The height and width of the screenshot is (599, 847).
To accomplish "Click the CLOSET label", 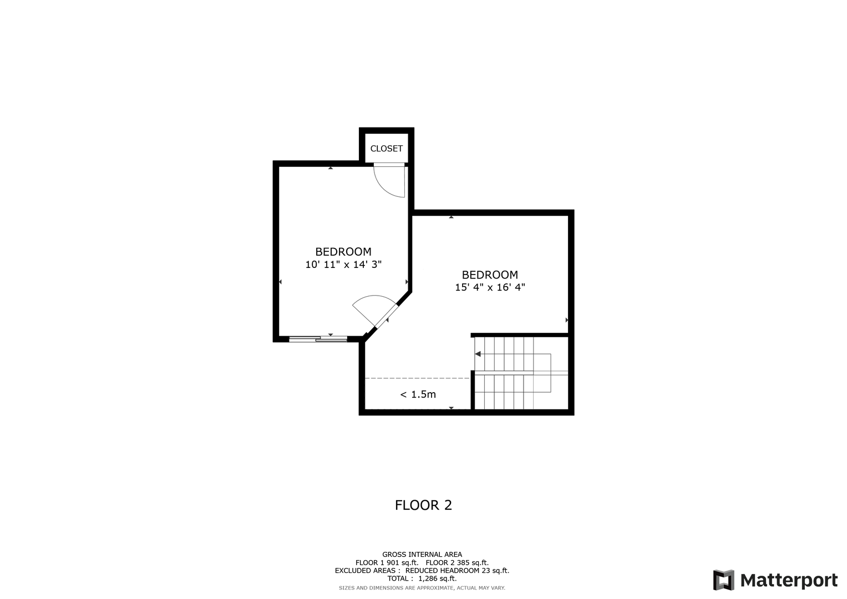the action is [x=386, y=149].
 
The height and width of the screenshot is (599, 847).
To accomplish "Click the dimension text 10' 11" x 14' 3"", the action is [x=343, y=265].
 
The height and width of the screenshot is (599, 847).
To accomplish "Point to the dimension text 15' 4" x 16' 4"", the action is [x=490, y=287].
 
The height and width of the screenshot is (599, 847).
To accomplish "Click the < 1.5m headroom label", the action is [x=418, y=394].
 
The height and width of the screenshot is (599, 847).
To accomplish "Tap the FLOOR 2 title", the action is [x=423, y=505].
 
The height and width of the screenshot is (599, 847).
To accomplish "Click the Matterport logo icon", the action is [x=723, y=580].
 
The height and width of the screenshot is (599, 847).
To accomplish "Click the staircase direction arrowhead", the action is [x=478, y=354].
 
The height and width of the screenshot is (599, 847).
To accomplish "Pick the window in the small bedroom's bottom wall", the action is [x=318, y=339].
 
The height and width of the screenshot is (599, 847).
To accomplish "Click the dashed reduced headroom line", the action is [x=417, y=378].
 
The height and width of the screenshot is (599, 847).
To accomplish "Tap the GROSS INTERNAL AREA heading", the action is [x=422, y=555].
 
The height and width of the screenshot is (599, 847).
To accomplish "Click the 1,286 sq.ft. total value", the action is [x=438, y=578].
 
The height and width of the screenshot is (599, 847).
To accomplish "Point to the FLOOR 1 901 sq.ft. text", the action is [x=387, y=563].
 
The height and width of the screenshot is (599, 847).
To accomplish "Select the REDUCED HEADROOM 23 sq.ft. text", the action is [x=457, y=570].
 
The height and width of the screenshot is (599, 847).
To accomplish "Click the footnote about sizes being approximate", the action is [x=422, y=588].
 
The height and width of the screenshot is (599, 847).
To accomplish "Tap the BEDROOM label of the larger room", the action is [x=490, y=275].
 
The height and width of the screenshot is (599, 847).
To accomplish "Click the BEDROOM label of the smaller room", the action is [x=343, y=252].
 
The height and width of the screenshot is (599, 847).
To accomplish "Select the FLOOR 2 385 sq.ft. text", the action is [x=457, y=563].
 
